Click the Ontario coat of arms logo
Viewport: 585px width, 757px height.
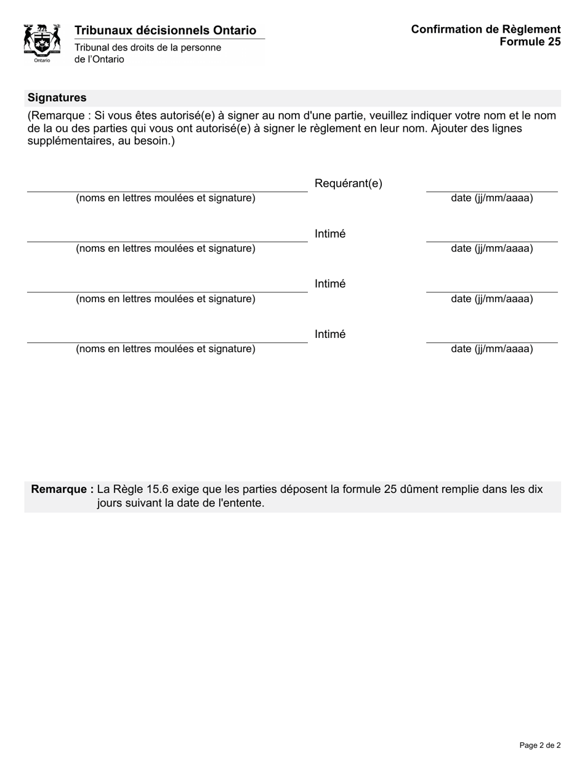tap(42, 42)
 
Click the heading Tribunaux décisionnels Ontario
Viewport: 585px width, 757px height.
tap(165, 30)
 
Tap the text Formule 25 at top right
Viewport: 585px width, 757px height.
tap(530, 42)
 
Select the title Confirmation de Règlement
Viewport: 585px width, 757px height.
tap(485, 29)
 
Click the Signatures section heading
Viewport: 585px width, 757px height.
tap(57, 98)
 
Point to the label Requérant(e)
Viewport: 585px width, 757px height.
tap(348, 183)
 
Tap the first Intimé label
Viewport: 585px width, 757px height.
tap(330, 234)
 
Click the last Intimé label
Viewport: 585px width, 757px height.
tap(330, 334)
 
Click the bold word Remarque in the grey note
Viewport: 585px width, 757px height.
tap(62, 489)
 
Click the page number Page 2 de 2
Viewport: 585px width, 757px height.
tap(539, 745)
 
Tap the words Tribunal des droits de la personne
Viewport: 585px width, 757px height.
tap(147, 47)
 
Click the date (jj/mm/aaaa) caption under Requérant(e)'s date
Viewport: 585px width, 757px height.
tap(491, 198)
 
